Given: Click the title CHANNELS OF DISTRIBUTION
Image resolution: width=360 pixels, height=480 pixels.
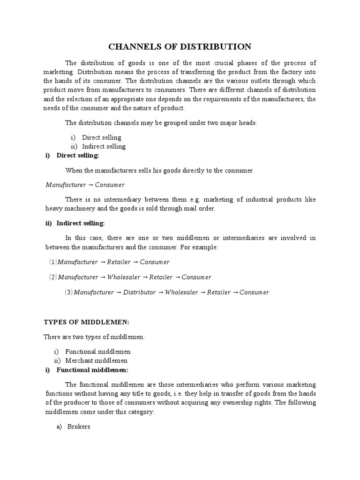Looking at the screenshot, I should tap(180, 46).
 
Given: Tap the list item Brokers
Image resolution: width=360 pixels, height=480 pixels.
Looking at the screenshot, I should tap(78, 427).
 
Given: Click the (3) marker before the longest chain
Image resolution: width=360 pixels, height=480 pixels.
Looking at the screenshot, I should tap(68, 292).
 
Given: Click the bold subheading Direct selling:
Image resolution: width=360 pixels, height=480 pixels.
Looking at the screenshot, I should tap(78, 155).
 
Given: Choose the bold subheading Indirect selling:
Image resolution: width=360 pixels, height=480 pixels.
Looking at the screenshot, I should tap(81, 223).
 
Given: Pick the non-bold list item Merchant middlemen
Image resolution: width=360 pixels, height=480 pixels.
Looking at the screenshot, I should tap(96, 360).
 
